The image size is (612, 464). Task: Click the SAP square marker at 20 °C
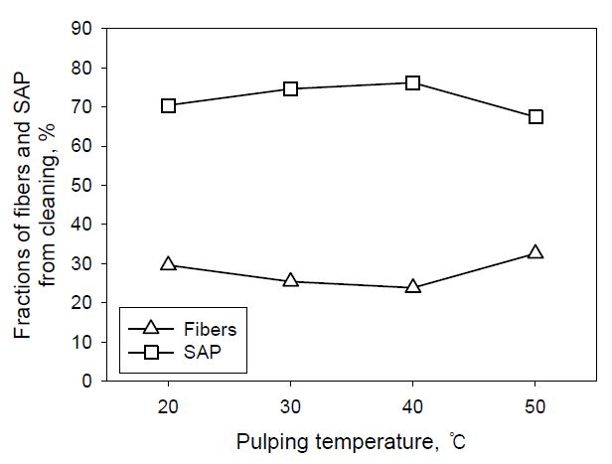(x=169, y=105)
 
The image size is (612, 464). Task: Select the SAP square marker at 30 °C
(x=291, y=88)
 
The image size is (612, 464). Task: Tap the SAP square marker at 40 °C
(x=413, y=82)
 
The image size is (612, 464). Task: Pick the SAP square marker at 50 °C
(x=535, y=116)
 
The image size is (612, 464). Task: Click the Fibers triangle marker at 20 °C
(x=169, y=264)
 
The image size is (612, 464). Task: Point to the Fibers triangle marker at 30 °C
(x=291, y=280)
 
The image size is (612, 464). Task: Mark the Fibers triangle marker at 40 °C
(x=413, y=287)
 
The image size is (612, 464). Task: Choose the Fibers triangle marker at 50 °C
(x=535, y=252)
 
